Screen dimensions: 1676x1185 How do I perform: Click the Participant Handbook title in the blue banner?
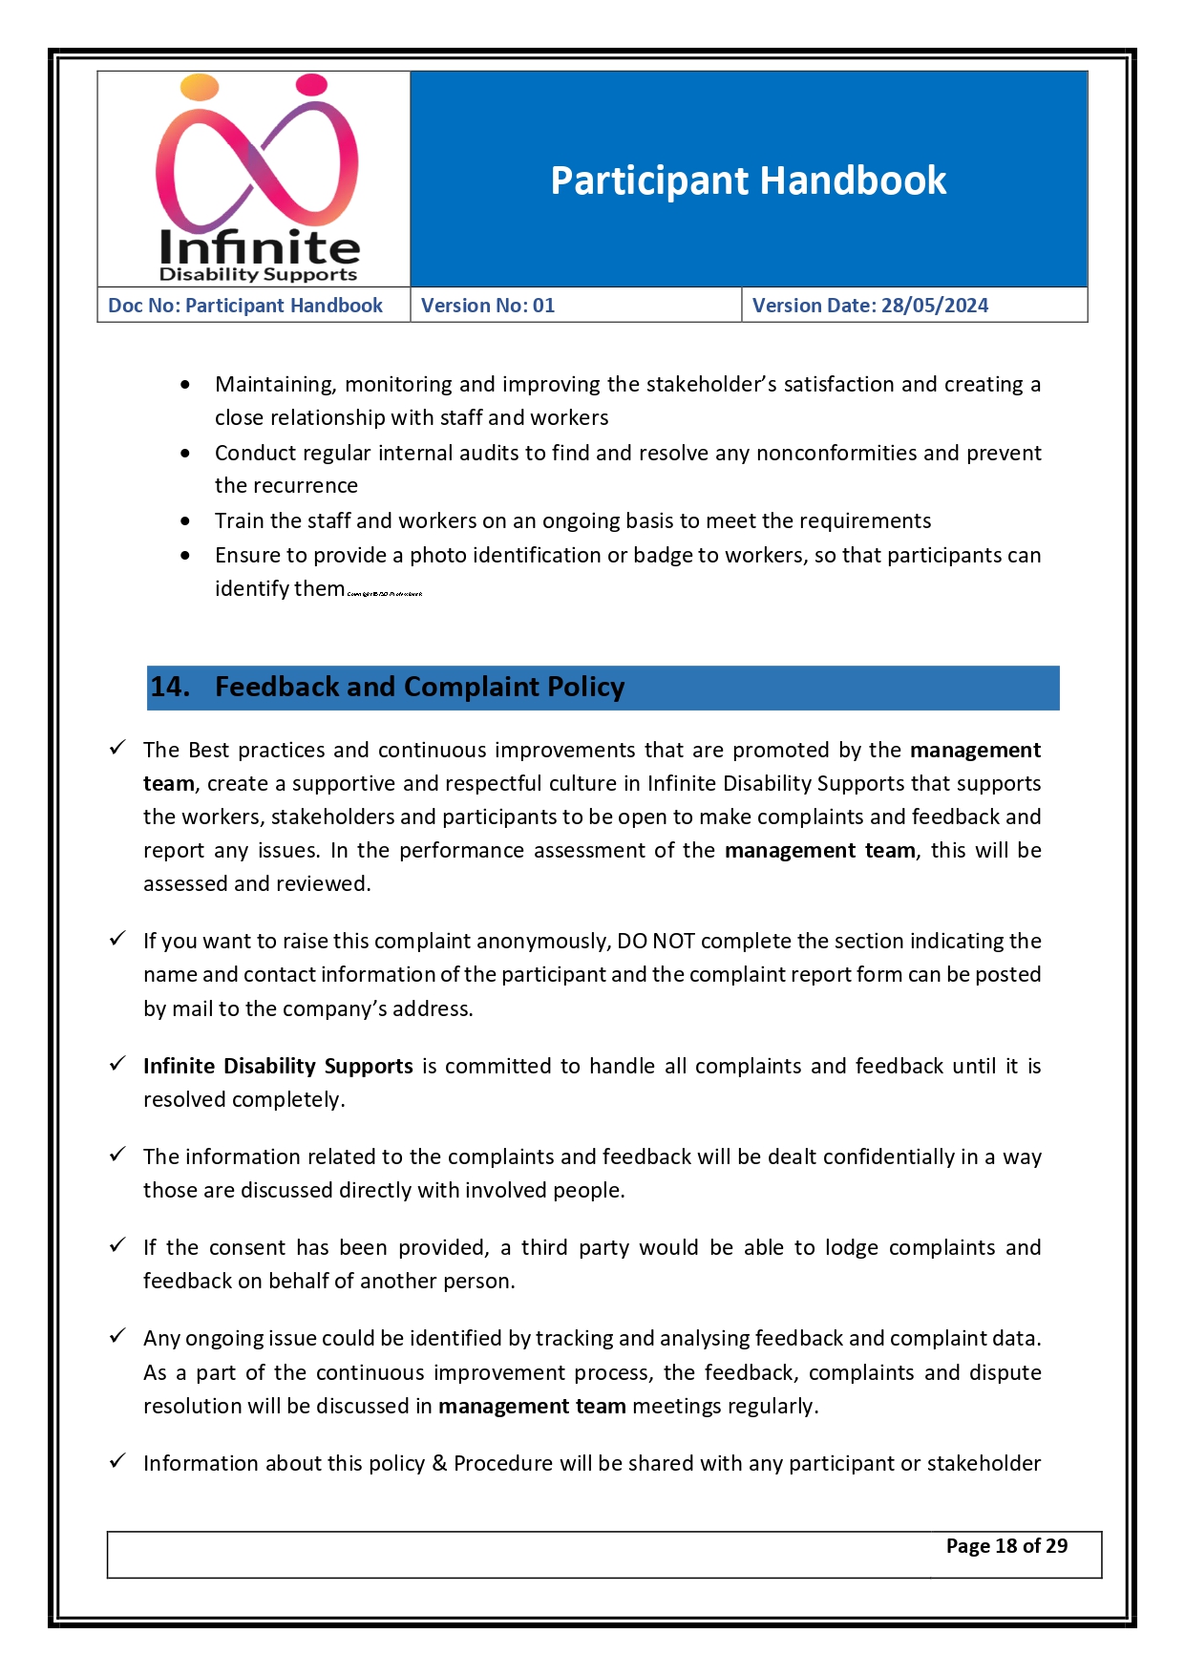pos(748,180)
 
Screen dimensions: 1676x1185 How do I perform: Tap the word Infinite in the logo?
pos(259,247)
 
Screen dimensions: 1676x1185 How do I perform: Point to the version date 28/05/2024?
pos(935,306)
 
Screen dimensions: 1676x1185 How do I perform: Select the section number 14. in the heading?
pos(170,687)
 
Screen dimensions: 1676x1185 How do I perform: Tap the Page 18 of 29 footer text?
pos(1006,1545)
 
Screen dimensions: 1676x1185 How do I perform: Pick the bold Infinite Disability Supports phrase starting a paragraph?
pos(278,1066)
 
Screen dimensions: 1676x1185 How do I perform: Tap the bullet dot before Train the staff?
pos(185,520)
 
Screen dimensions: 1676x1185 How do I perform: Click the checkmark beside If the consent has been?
pos(117,1245)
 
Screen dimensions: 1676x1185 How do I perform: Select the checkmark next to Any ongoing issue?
pos(117,1336)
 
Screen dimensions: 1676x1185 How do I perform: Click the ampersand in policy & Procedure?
pos(439,1463)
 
